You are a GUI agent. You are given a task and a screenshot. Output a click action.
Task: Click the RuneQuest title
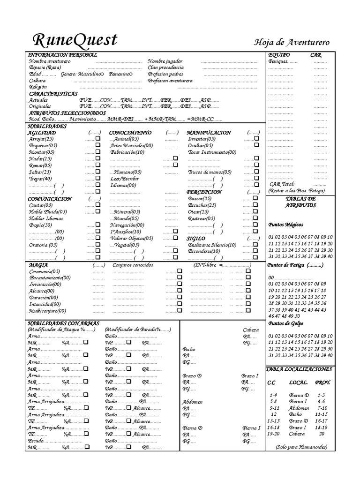75,40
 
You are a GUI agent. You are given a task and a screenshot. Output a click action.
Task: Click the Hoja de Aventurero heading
292,43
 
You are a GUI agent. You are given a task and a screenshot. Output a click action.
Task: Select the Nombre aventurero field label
50,61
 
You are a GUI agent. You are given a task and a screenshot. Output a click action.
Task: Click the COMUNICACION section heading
49,199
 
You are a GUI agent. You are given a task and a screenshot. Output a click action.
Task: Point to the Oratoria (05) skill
43,245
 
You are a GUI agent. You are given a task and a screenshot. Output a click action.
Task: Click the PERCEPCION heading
204,192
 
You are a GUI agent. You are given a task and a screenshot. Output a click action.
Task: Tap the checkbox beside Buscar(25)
255,199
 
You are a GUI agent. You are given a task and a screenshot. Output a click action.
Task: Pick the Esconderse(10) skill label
205,251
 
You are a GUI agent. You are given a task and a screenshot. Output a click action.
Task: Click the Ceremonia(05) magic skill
45,271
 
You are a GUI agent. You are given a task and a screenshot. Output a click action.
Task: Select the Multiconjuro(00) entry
47,311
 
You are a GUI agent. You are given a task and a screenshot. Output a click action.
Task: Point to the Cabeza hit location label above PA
251,330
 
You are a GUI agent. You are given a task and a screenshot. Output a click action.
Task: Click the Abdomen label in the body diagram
193,402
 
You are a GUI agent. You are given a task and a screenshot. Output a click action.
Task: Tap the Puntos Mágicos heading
286,225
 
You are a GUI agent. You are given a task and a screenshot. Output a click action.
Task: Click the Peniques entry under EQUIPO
283,61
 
